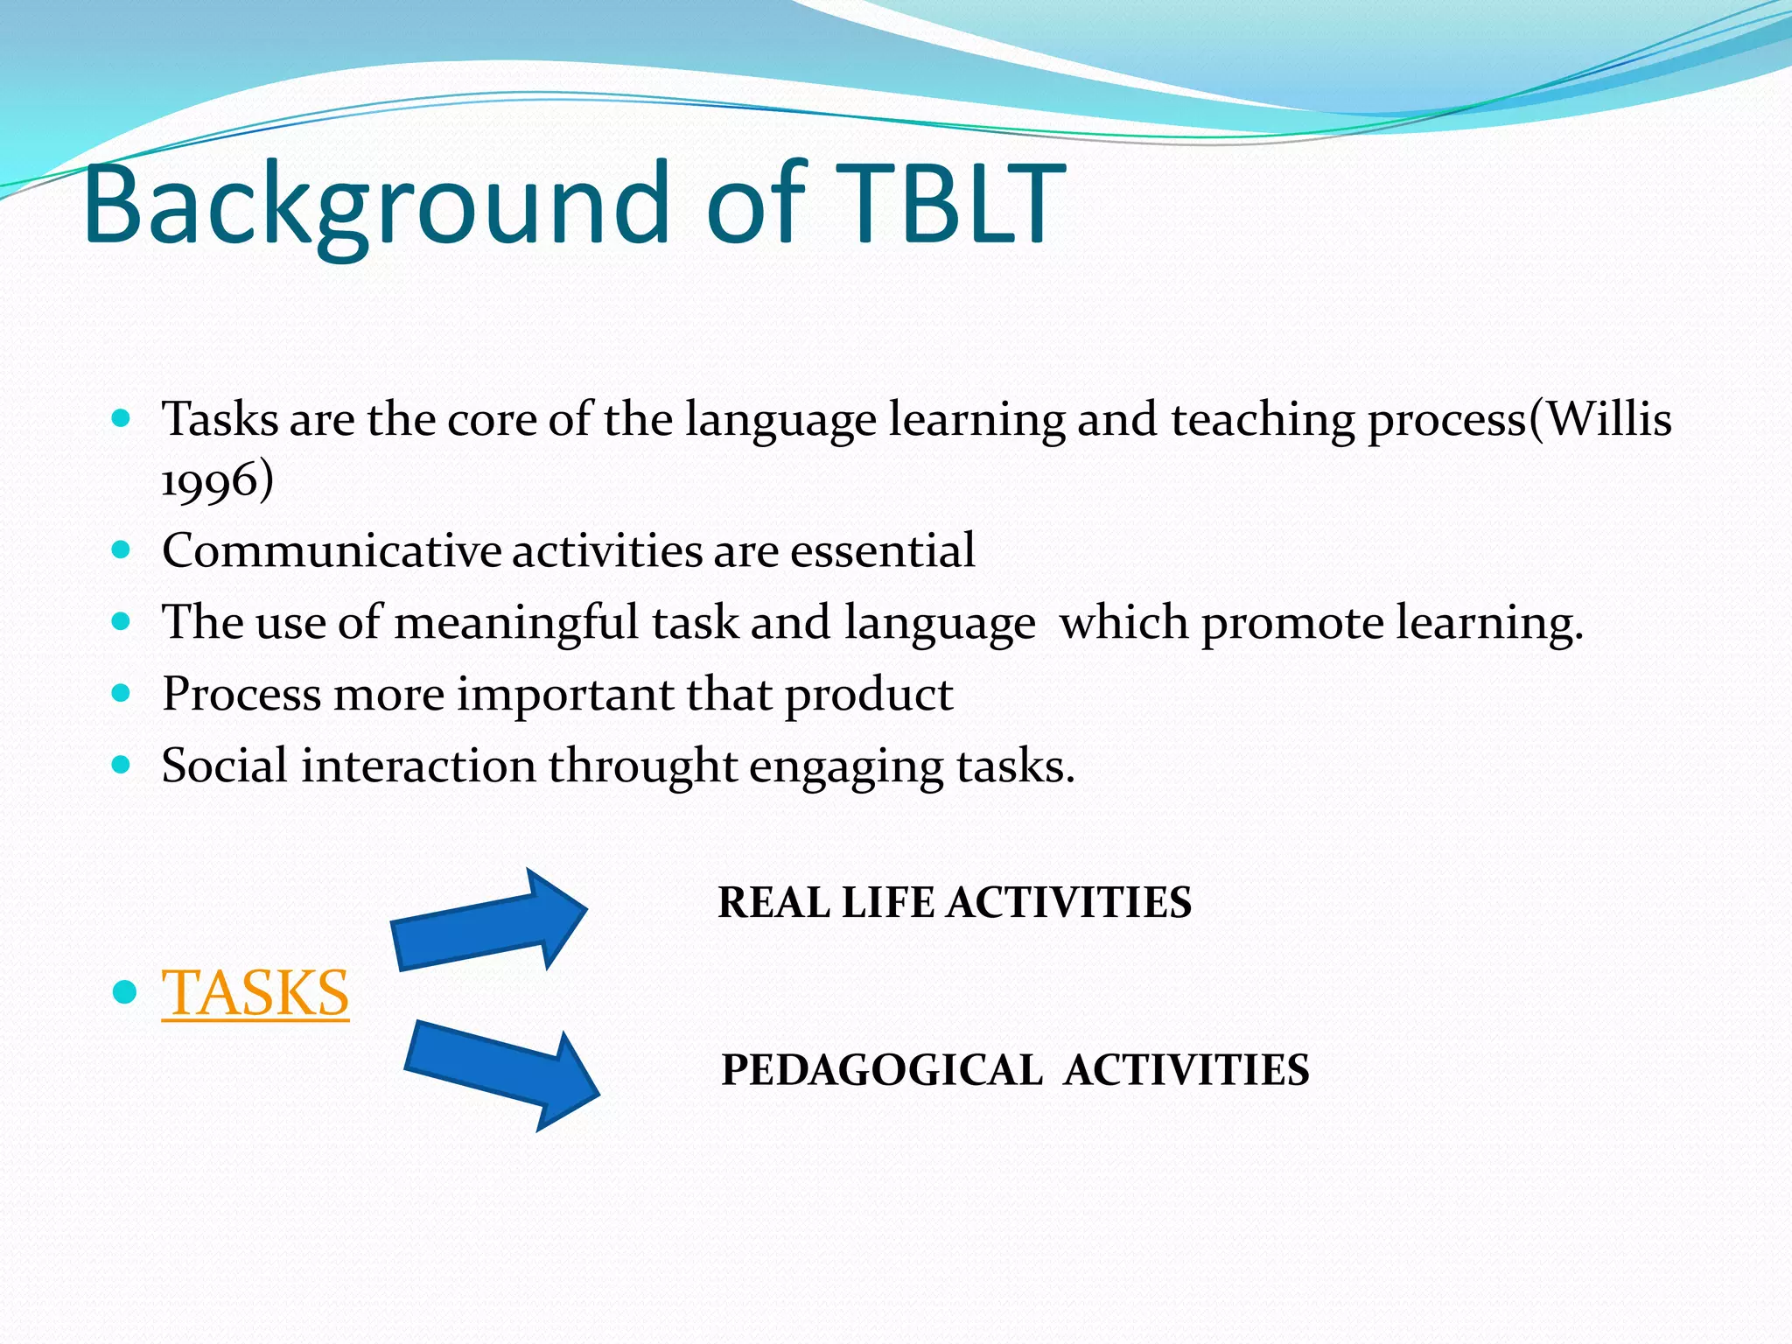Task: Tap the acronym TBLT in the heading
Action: click(949, 206)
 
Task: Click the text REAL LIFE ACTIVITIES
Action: click(954, 903)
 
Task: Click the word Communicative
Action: click(331, 551)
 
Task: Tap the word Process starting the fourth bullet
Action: click(241, 695)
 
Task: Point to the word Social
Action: click(224, 766)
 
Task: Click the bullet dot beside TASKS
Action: click(125, 992)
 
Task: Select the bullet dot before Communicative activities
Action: click(122, 550)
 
